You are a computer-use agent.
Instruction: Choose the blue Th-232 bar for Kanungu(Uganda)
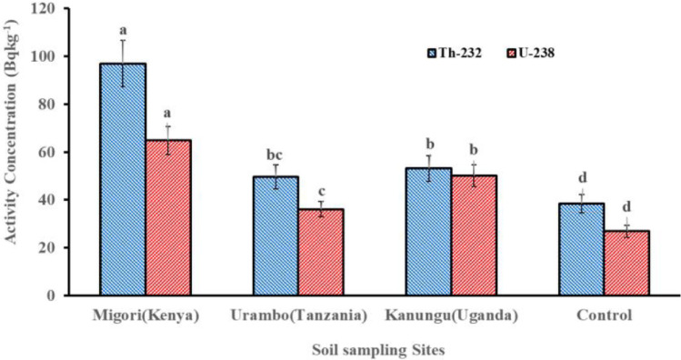click(428, 232)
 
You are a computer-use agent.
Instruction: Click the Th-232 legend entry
click(454, 53)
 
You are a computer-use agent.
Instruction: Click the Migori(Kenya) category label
click(145, 315)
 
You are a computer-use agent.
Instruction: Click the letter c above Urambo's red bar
click(320, 192)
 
